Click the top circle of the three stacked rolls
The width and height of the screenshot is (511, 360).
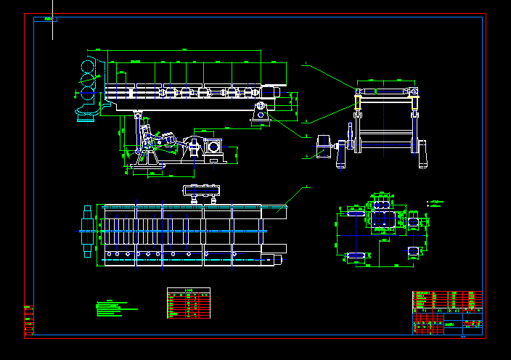[88, 67]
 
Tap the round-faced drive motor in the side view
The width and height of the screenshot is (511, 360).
[213, 147]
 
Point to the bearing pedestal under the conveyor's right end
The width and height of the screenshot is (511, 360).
[261, 112]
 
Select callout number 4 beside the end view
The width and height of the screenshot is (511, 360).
[307, 157]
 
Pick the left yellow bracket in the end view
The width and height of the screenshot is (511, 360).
[359, 102]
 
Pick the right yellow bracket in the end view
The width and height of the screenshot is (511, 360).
[416, 102]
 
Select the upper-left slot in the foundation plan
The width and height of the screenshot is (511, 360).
[355, 213]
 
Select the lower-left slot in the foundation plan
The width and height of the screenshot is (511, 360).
[355, 255]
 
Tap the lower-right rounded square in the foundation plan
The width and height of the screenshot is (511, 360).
[413, 251]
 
